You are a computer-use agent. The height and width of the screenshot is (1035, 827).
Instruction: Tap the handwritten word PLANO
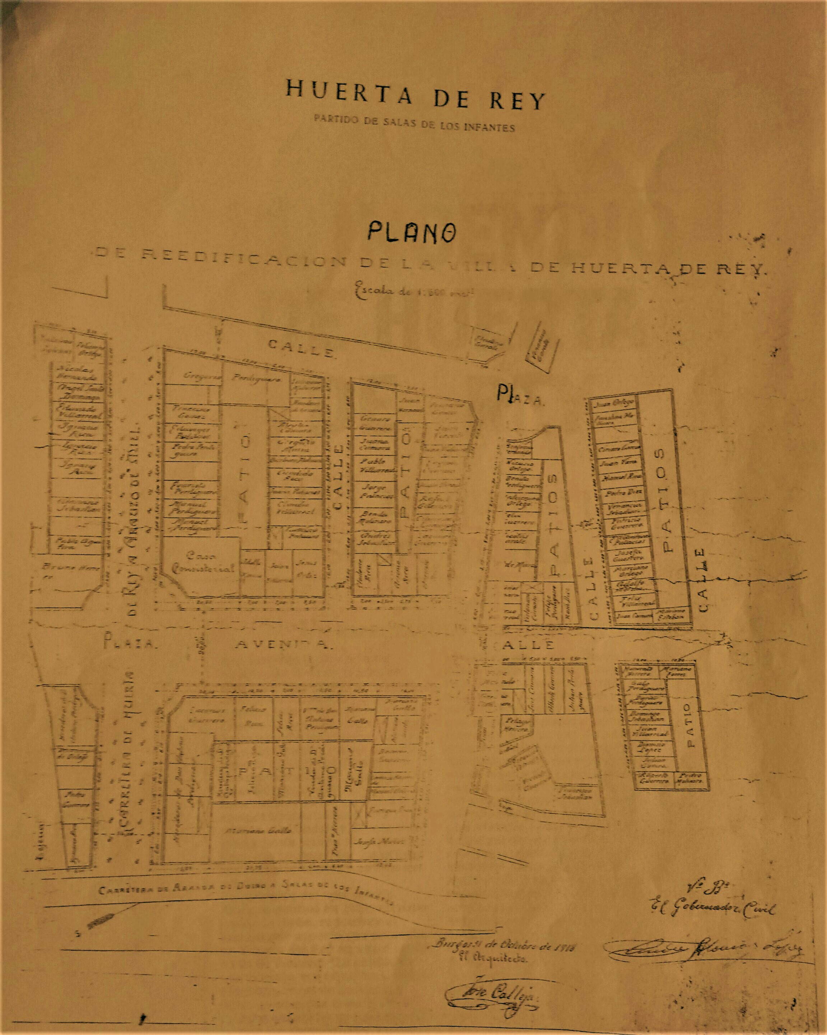[412, 232]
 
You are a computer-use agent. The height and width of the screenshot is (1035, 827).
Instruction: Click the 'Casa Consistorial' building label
[204, 563]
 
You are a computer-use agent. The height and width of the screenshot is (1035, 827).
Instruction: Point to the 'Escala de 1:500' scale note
[414, 291]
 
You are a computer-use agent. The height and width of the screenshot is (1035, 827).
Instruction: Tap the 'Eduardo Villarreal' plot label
[78, 411]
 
